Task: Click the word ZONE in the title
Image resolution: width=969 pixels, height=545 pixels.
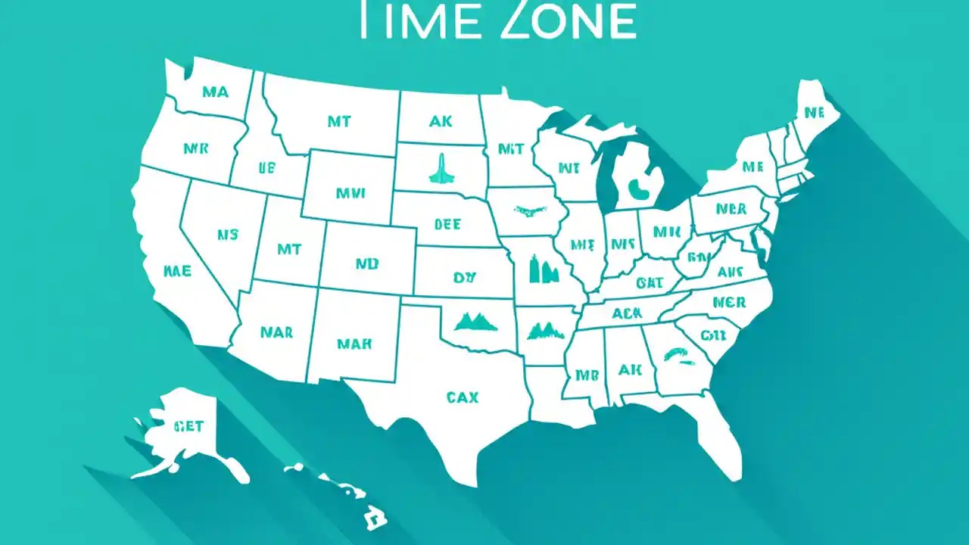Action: (x=568, y=20)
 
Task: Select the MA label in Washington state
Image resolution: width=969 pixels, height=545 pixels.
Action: (x=215, y=92)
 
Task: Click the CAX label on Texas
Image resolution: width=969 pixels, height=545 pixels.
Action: (x=462, y=397)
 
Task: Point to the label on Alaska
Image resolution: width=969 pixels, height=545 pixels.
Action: (x=189, y=426)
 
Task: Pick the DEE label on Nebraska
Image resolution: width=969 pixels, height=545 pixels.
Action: (x=447, y=224)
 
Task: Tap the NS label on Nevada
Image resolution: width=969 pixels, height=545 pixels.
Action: (x=227, y=235)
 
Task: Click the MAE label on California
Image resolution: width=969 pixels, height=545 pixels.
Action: (x=177, y=270)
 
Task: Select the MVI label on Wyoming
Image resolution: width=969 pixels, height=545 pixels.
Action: (x=351, y=193)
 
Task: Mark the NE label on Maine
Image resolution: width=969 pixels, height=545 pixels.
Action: (x=814, y=114)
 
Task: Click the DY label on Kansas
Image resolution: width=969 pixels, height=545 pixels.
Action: (x=463, y=278)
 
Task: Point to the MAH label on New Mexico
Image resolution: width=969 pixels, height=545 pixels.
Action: (x=354, y=343)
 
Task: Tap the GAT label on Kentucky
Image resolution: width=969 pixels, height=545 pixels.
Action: (x=650, y=283)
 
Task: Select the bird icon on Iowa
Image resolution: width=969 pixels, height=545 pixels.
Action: (x=530, y=210)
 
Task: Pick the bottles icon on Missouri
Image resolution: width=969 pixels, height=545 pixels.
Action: (x=542, y=268)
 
